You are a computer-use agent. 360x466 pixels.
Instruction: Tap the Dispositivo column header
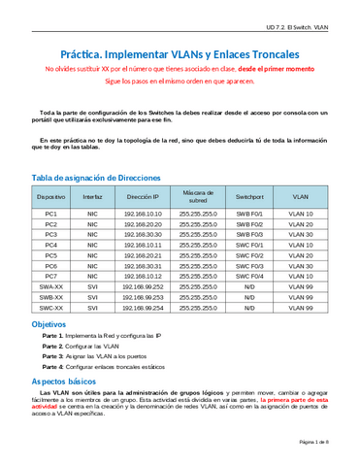[x=51, y=196]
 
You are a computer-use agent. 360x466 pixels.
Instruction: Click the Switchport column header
[x=249, y=196]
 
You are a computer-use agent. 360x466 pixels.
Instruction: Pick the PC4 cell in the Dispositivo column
[x=51, y=245]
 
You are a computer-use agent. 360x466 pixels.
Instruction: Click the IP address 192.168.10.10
[x=143, y=213]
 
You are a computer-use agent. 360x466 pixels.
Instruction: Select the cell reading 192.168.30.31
[x=143, y=265]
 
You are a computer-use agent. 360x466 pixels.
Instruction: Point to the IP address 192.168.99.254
[x=143, y=307]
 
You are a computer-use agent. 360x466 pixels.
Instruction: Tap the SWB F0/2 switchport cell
[x=249, y=223]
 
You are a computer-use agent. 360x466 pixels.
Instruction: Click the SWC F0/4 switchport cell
[x=249, y=276]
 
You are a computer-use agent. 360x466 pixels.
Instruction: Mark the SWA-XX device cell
[x=51, y=286]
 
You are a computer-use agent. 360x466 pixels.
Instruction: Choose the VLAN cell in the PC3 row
[x=302, y=234]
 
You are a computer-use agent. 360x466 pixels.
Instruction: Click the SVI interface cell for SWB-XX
[x=92, y=296]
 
